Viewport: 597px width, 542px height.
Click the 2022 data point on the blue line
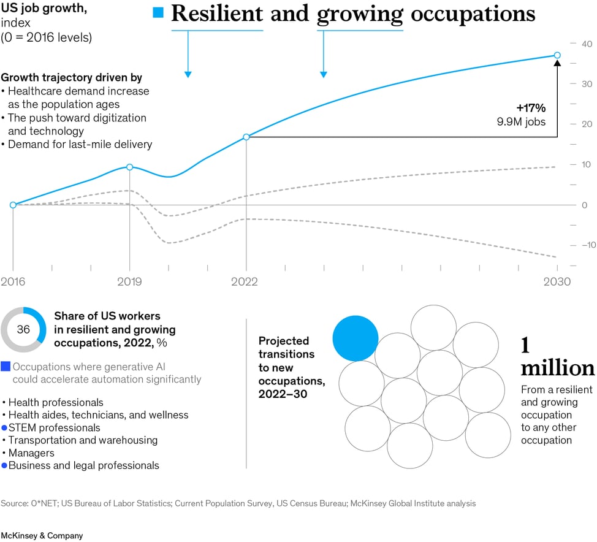click(x=246, y=137)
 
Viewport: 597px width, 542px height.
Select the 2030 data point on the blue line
click(x=557, y=55)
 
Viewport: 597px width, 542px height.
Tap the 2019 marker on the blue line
click(x=129, y=167)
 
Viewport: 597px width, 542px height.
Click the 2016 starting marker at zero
click(x=13, y=205)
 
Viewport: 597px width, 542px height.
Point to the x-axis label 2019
click(x=129, y=282)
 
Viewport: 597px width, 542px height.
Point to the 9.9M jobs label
click(x=521, y=121)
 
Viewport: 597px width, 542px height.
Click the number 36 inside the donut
click(x=23, y=329)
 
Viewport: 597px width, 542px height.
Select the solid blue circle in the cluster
click(x=356, y=338)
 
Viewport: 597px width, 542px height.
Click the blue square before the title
click(x=158, y=13)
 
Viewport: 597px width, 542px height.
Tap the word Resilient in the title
click(x=217, y=13)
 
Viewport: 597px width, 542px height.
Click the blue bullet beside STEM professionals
click(x=4, y=428)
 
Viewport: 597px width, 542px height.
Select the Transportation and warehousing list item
click(x=83, y=440)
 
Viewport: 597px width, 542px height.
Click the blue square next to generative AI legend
click(x=6, y=367)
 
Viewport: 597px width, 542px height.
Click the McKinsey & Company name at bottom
click(x=42, y=535)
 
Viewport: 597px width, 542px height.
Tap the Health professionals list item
click(x=56, y=402)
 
